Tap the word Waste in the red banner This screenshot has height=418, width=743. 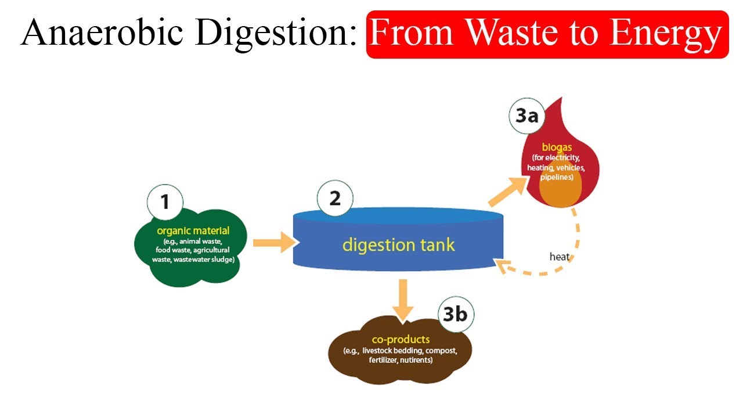pos(511,33)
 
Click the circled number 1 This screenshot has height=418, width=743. pos(165,201)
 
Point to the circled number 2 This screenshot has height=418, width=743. pos(335,199)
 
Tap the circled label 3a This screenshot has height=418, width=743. pos(527,116)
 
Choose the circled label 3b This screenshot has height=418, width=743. pos(455,314)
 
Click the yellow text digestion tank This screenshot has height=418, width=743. pos(398,244)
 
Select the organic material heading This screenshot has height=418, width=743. pos(193,231)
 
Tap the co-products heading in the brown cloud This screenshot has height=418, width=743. pos(401,340)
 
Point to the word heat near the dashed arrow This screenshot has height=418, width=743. pos(560,256)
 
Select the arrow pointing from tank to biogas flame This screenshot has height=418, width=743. pos(507,191)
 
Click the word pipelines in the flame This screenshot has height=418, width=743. pos(556,177)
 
